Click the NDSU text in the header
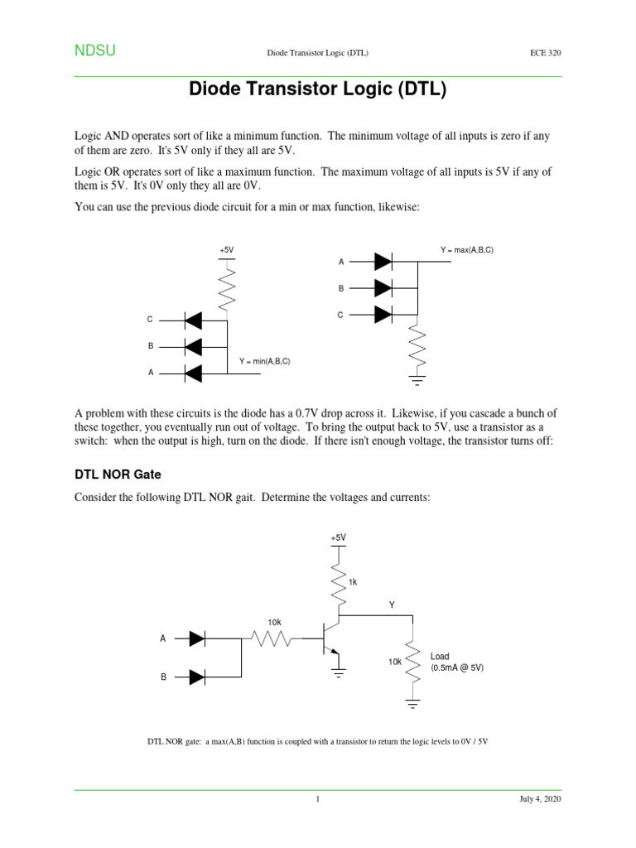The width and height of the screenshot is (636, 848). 95,52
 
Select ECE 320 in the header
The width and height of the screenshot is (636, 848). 545,53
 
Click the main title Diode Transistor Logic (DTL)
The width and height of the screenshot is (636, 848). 318,89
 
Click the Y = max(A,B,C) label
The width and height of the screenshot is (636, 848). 466,249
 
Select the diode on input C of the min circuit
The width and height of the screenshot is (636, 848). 194,320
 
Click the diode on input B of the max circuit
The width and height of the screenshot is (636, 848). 383,288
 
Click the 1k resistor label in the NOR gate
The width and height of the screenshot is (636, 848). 353,582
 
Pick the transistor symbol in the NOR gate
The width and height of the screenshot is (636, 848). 330,638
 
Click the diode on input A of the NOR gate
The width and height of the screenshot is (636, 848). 197,638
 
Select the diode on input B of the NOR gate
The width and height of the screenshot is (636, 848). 197,677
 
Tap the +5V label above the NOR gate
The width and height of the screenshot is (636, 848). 338,537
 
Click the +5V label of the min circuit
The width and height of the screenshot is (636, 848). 227,249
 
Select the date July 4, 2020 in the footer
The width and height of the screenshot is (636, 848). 541,799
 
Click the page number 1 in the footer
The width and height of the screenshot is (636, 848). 317,799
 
